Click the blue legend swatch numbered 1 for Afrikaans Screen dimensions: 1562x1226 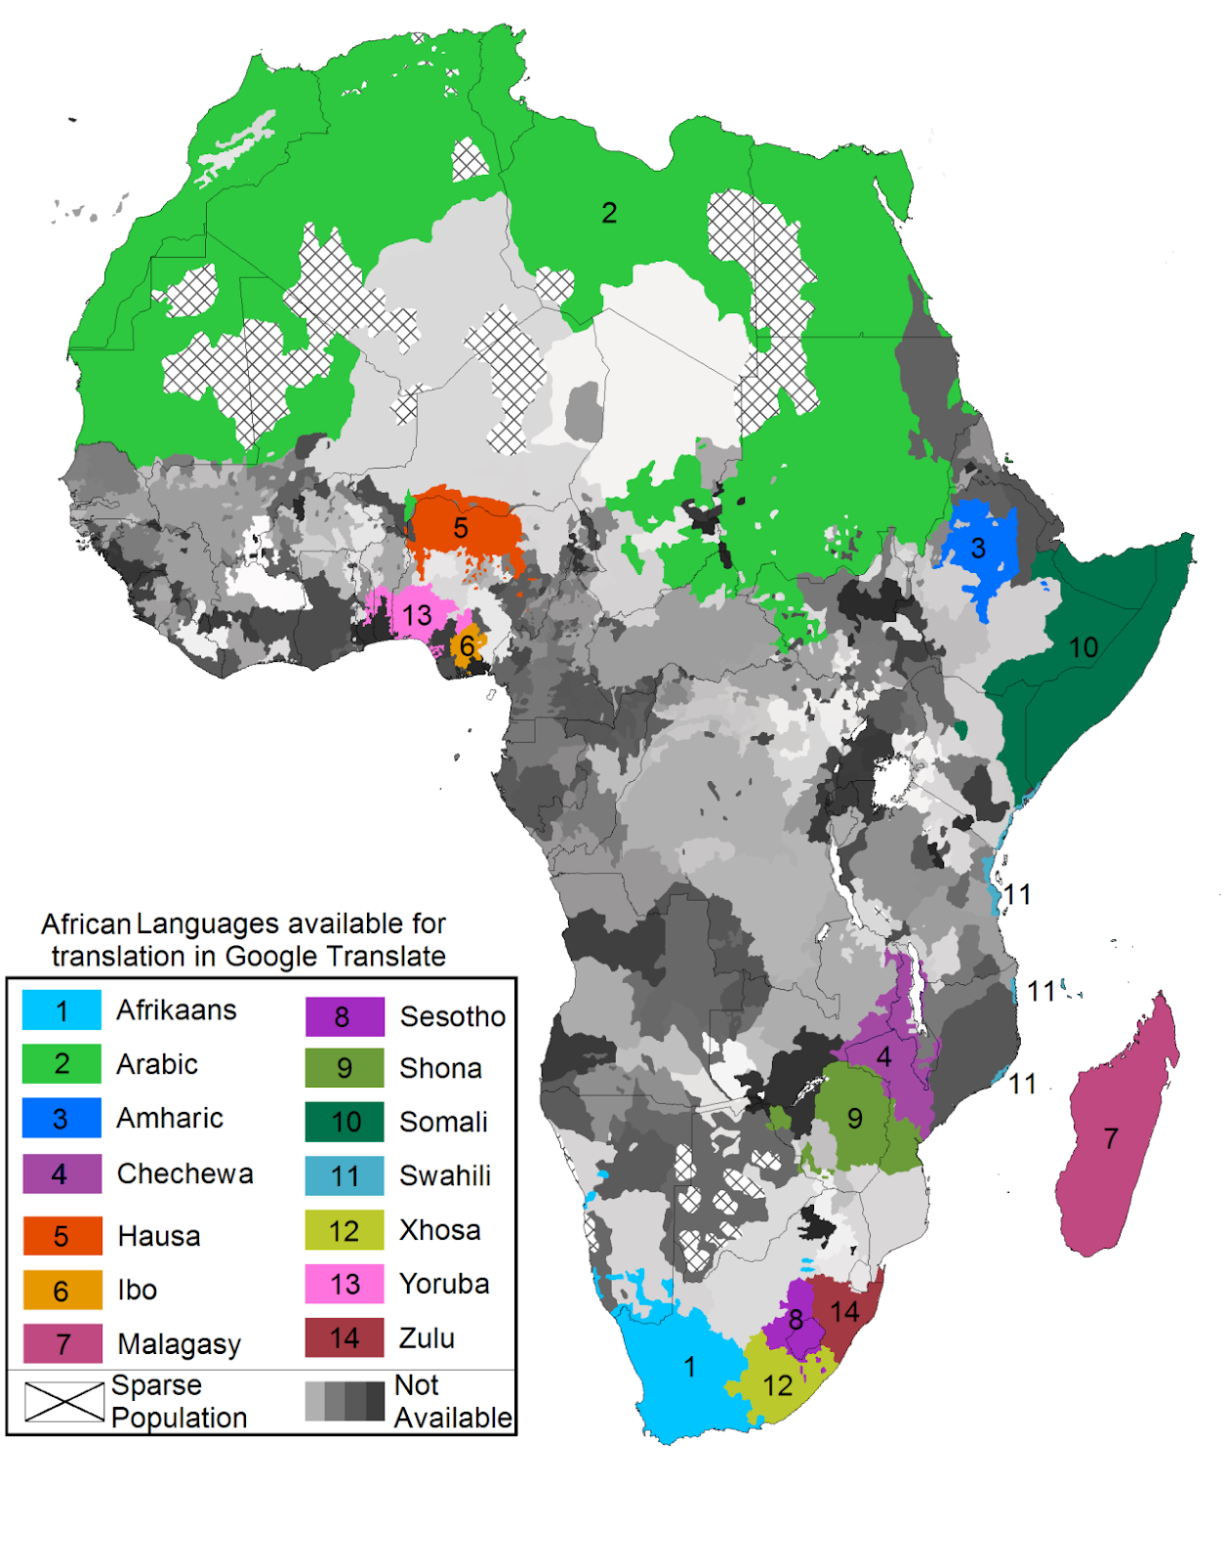tap(61, 1010)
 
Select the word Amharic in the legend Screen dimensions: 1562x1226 tap(170, 1118)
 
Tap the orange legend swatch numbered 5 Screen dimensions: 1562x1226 tap(61, 1236)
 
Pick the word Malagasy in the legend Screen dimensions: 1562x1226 tap(179, 1344)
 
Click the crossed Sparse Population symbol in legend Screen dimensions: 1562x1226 tap(64, 1401)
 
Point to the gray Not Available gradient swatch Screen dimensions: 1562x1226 tap(345, 1401)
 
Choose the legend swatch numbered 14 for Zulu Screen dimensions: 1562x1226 tap(345, 1337)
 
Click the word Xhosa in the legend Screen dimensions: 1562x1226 tap(440, 1230)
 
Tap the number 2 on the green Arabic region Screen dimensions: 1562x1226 tap(609, 213)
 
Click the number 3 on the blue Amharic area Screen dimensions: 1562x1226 tap(978, 549)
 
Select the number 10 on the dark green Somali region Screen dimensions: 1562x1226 tap(1083, 647)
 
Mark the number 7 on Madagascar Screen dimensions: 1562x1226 tap(1111, 1138)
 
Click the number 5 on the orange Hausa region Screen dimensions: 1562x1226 tap(461, 528)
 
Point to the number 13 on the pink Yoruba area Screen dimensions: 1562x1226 tap(417, 616)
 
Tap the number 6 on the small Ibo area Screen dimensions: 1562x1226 tap(468, 645)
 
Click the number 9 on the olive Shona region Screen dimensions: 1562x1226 tap(855, 1118)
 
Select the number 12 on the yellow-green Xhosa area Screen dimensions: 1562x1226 tap(777, 1385)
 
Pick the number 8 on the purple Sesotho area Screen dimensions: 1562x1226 tap(797, 1320)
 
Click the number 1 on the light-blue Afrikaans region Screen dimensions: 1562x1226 tap(690, 1367)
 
